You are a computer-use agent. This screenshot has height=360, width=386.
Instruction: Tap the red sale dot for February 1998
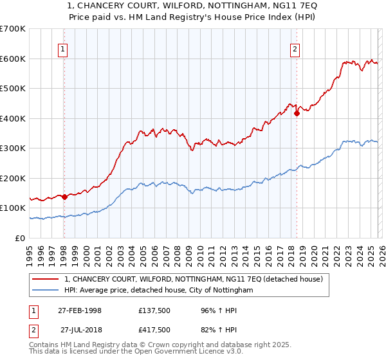64,197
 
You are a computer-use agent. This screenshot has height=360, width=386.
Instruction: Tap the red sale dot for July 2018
297,114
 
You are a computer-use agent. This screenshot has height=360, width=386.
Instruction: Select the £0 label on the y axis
21,238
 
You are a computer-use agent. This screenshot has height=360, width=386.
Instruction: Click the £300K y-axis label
14,148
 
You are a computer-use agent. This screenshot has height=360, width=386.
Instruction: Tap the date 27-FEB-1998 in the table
79,310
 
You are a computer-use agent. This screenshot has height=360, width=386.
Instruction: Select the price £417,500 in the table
154,330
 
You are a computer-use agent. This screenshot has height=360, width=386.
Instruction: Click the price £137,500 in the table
154,310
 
